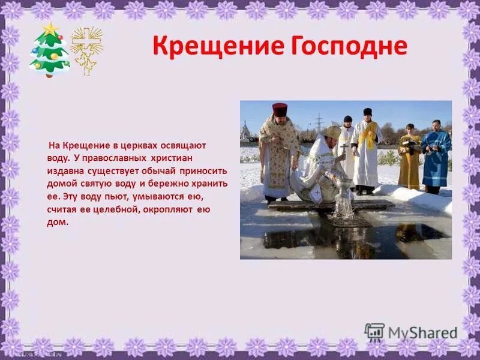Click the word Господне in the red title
[x=344, y=46]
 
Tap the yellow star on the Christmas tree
[x=50, y=28]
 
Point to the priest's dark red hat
[x=280, y=109]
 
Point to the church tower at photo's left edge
[x=245, y=130]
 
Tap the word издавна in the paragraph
[x=64, y=171]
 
